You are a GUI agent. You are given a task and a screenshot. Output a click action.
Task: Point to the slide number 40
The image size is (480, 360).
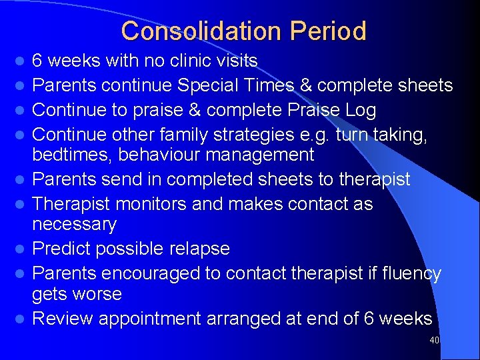[x=435, y=341]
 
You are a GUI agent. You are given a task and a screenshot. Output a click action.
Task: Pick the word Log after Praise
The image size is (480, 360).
[x=360, y=109]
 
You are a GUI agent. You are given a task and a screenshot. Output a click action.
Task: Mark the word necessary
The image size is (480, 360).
[x=74, y=225]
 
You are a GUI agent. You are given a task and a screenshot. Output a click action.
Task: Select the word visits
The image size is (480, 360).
[x=237, y=61]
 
